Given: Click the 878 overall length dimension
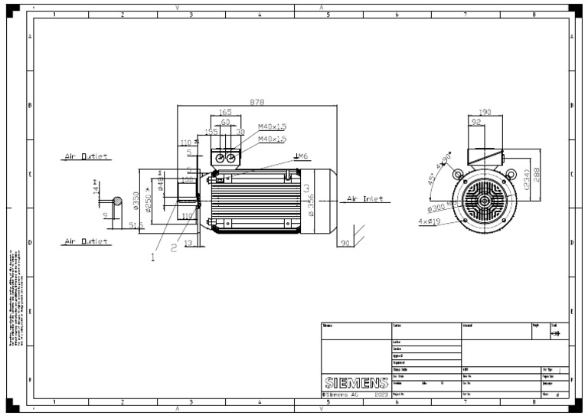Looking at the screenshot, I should pos(257,102).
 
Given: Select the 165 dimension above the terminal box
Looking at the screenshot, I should pos(225,113).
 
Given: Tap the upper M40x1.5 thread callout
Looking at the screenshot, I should pos(272,126).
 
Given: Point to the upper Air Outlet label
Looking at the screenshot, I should pos(85,156).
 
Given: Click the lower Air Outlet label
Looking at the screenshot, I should pos(85,241).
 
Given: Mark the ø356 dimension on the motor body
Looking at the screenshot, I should pos(310,204).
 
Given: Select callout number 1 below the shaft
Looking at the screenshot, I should pos(152,257).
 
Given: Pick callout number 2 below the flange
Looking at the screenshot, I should pos(174,247).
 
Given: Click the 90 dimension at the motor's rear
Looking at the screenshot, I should pos(345,243).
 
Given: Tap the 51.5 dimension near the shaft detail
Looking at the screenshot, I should pos(137,224).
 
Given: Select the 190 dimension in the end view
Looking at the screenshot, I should pos(484,112).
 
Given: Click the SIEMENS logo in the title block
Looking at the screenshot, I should pos(355,382).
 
